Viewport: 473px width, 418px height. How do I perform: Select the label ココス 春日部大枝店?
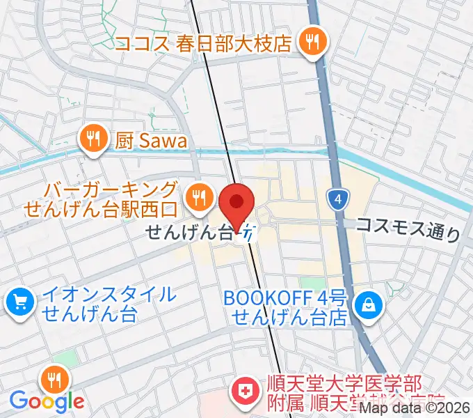(202, 43)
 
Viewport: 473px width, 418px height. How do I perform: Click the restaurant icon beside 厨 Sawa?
(91, 139)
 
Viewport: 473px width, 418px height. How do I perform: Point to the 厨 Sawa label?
(151, 141)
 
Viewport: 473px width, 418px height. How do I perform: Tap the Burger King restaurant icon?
(200, 197)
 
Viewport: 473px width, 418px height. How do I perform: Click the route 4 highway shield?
(337, 200)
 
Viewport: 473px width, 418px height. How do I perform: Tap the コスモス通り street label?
(408, 228)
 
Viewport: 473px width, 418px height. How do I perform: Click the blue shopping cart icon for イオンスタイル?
(20, 302)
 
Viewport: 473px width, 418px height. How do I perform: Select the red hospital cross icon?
(245, 390)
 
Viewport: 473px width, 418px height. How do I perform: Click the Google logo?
(47, 401)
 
